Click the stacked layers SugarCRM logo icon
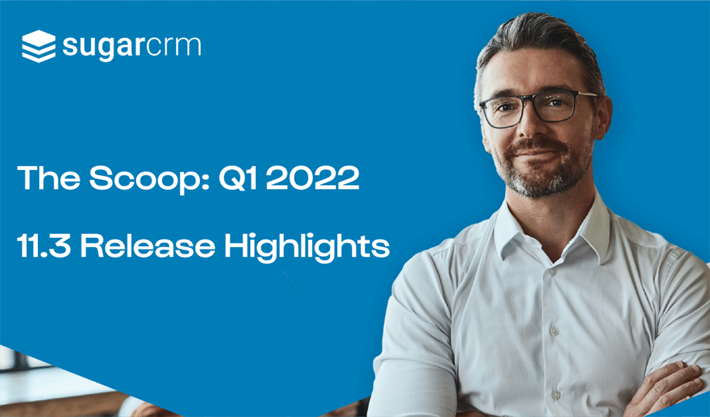38,46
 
